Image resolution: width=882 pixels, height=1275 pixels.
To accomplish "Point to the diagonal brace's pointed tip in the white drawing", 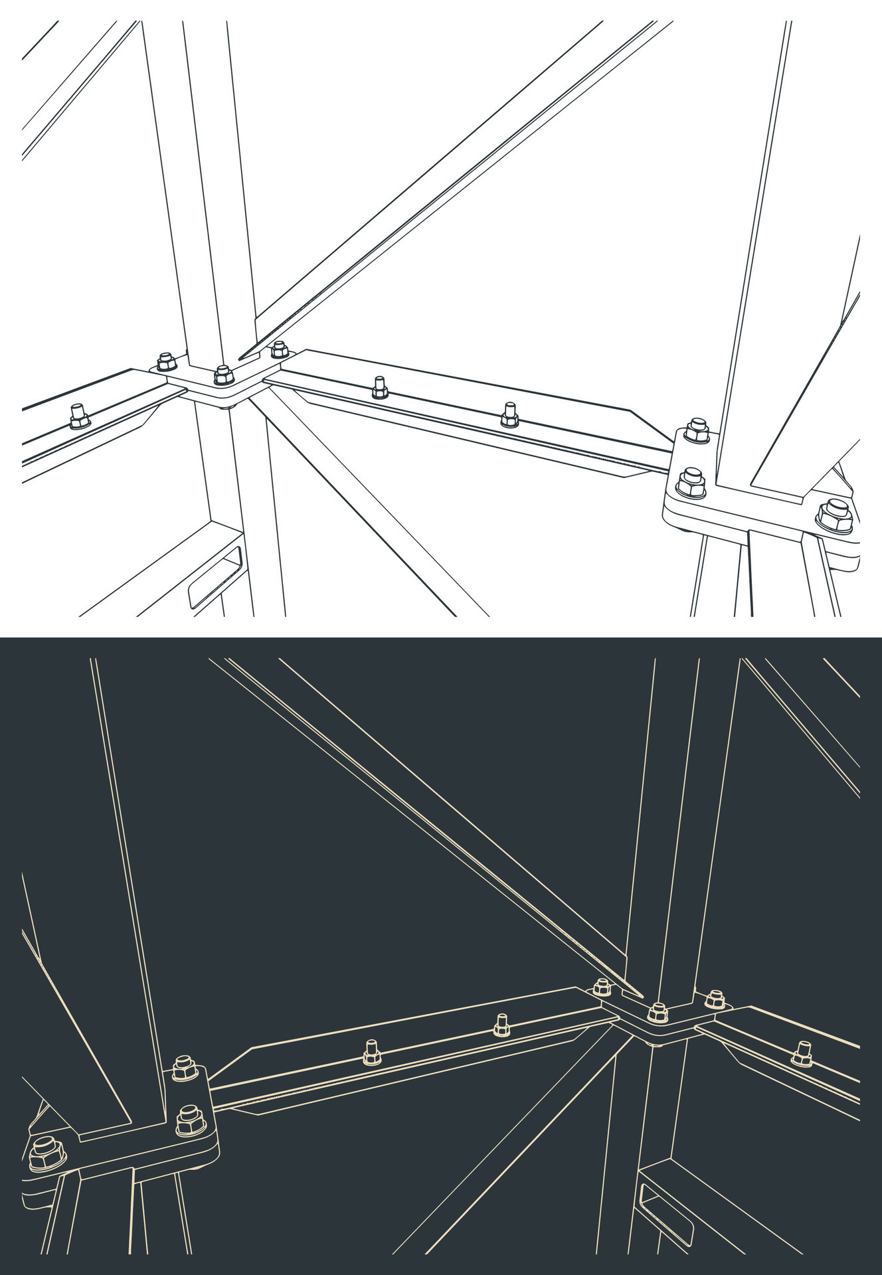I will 243,357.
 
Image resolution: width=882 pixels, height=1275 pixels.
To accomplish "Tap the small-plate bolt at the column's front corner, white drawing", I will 224,376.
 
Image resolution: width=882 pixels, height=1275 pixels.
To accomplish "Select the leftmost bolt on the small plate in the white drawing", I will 166,362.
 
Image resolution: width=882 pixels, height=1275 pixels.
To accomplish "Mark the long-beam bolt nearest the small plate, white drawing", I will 379,388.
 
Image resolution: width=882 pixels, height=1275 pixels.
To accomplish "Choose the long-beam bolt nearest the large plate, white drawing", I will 509,415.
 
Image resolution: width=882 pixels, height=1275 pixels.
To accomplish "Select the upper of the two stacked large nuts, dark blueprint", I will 184,1069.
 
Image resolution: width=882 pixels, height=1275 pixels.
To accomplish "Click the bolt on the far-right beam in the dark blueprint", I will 803,1053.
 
